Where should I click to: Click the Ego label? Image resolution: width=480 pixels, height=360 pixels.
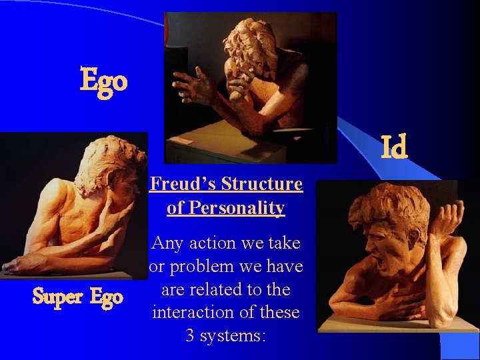[103, 81]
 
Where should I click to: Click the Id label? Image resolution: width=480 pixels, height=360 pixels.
[394, 148]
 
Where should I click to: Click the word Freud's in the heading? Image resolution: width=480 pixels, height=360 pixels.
[183, 183]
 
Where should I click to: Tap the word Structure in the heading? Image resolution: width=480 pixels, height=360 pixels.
[262, 183]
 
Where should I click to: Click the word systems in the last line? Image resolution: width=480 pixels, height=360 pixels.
[235, 335]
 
